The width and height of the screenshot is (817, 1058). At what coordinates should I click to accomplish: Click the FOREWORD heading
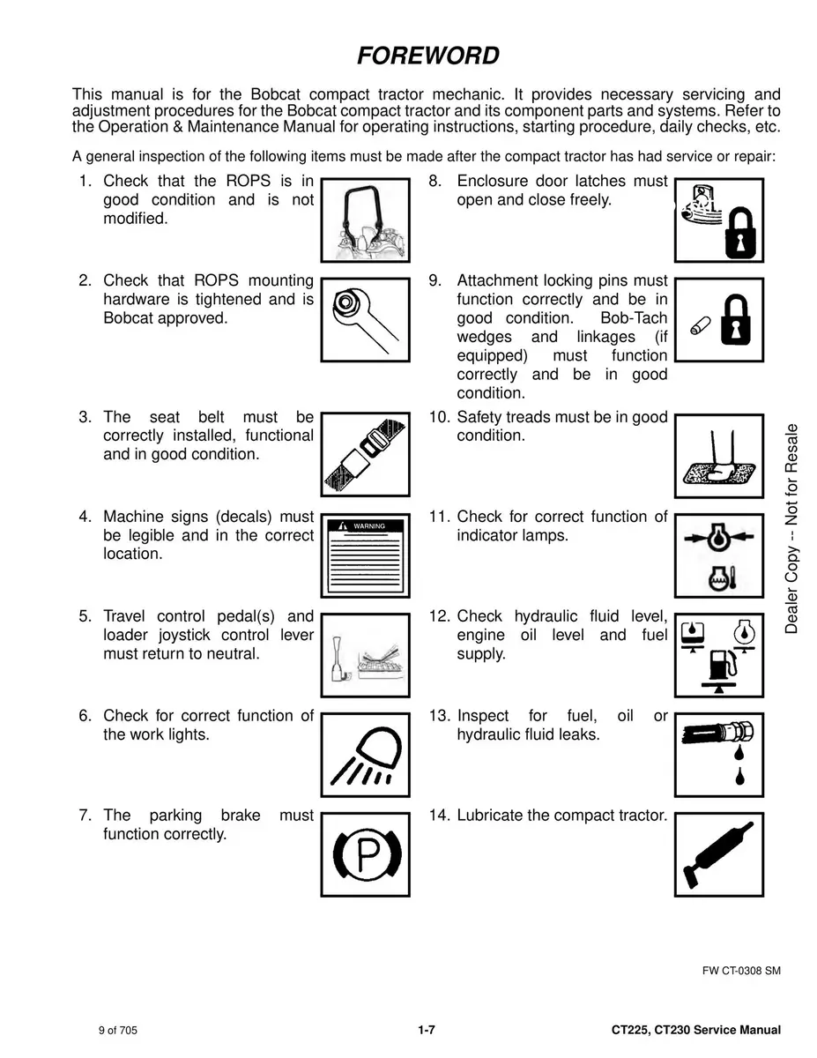tap(428, 56)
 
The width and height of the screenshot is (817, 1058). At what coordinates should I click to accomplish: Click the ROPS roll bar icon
tap(365, 220)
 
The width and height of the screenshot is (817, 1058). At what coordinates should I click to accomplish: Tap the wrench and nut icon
tap(365, 319)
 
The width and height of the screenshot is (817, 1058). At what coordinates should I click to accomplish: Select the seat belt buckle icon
tap(365, 455)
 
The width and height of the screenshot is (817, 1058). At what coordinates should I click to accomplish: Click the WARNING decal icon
tap(365, 555)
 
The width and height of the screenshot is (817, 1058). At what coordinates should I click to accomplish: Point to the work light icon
tap(365, 755)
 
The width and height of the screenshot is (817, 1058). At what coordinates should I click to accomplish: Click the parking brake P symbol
tap(365, 853)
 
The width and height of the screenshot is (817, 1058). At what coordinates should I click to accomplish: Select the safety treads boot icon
tap(719, 455)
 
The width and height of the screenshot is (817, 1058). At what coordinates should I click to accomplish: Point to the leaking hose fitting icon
tap(719, 755)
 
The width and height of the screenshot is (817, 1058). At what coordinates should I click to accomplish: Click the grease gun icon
tap(719, 853)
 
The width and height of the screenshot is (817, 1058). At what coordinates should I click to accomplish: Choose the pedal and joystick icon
tap(365, 655)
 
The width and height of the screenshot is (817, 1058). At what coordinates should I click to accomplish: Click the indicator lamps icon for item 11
tap(719, 555)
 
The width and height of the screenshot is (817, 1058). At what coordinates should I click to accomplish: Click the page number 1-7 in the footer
tap(427, 1030)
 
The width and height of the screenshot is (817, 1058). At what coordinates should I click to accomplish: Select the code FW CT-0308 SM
tap(740, 971)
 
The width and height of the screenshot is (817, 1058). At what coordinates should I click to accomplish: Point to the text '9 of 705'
tap(117, 1031)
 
